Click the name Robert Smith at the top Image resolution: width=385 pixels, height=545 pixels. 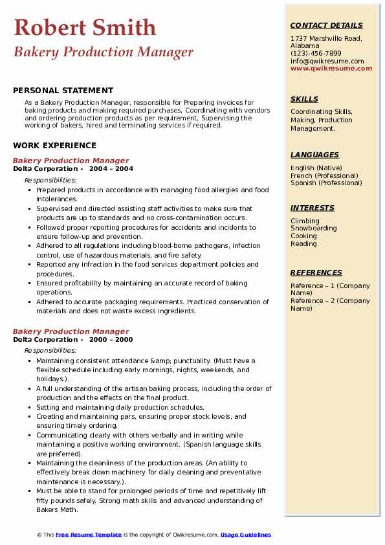coord(85,28)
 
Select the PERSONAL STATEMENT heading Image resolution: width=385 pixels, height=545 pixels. coord(63,91)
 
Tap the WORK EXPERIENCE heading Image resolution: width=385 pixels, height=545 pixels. coord(54,146)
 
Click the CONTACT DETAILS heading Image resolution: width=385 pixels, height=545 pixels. coord(326,25)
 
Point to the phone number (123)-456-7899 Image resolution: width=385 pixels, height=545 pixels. coord(316,54)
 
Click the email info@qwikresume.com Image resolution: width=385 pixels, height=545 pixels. coord(327,61)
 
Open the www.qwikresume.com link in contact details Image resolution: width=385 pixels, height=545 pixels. coord(331,69)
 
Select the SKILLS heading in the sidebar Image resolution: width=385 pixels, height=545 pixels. coord(304,99)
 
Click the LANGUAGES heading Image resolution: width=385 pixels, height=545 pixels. coord(314,155)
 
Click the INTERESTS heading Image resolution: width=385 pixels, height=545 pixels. coord(312,208)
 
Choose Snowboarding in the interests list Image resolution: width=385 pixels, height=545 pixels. coord(313,228)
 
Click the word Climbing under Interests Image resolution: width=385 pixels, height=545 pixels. coord(305,221)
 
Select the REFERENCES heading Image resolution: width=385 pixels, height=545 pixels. coord(316,272)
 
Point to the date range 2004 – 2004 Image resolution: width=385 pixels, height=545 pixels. coord(111,169)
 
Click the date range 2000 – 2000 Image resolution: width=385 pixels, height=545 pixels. coord(111,340)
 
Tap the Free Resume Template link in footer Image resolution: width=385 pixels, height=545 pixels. coord(89,535)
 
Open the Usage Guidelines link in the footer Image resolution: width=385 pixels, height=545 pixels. coord(246,535)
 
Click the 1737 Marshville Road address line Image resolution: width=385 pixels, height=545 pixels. coord(325,38)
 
